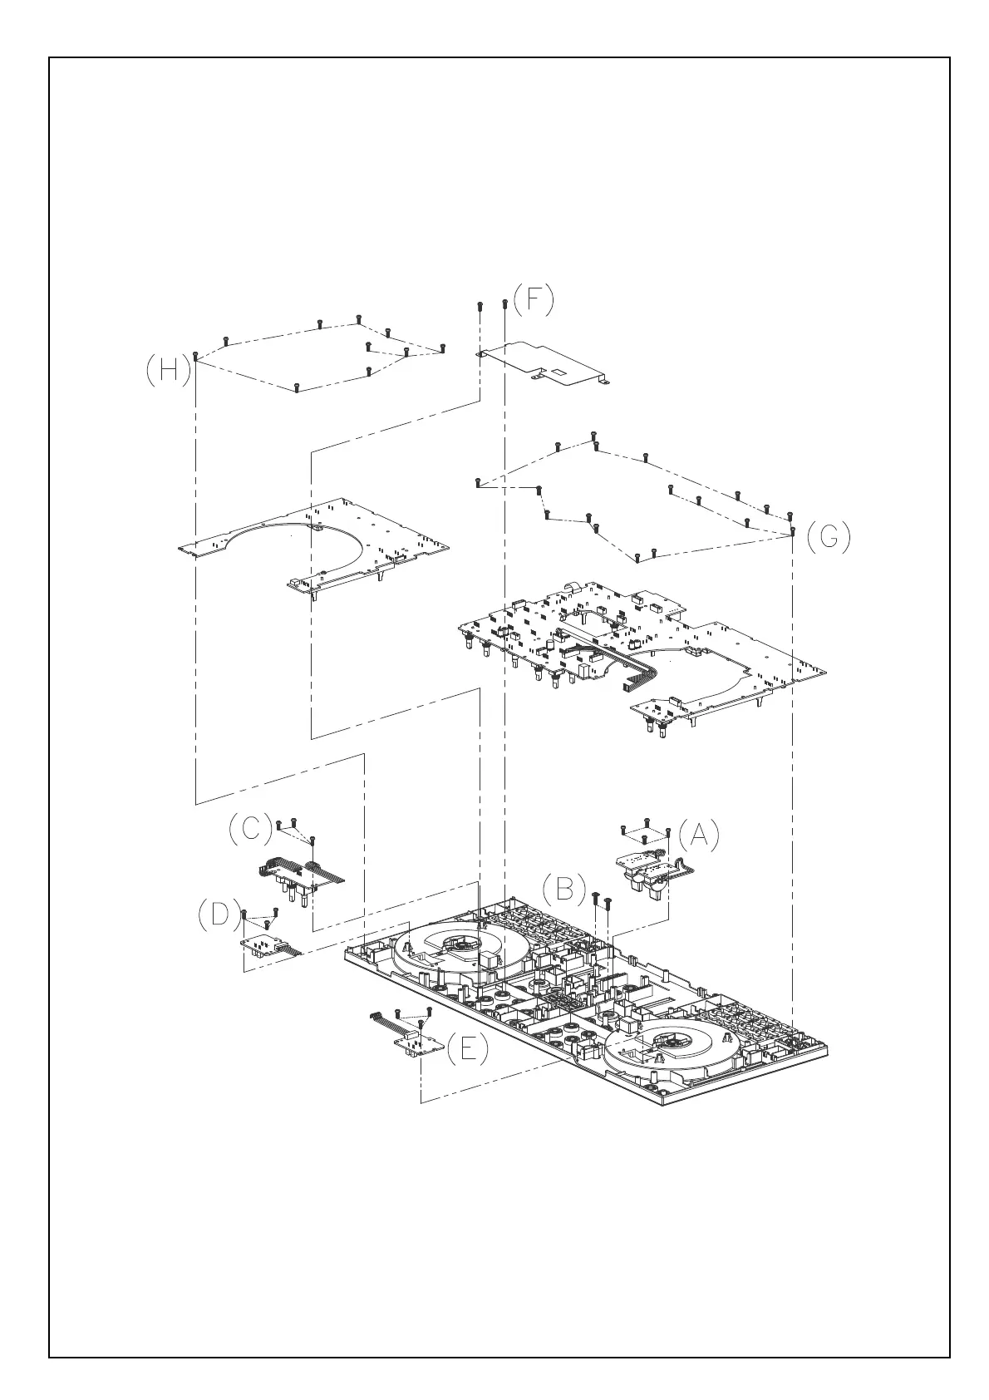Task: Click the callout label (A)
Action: click(698, 836)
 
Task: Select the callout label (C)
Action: click(249, 829)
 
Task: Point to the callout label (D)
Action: click(219, 914)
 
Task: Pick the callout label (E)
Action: click(468, 1049)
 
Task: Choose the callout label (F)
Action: click(533, 299)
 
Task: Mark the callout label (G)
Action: click(829, 538)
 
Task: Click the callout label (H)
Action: click(168, 371)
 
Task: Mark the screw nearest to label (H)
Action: click(194, 355)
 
